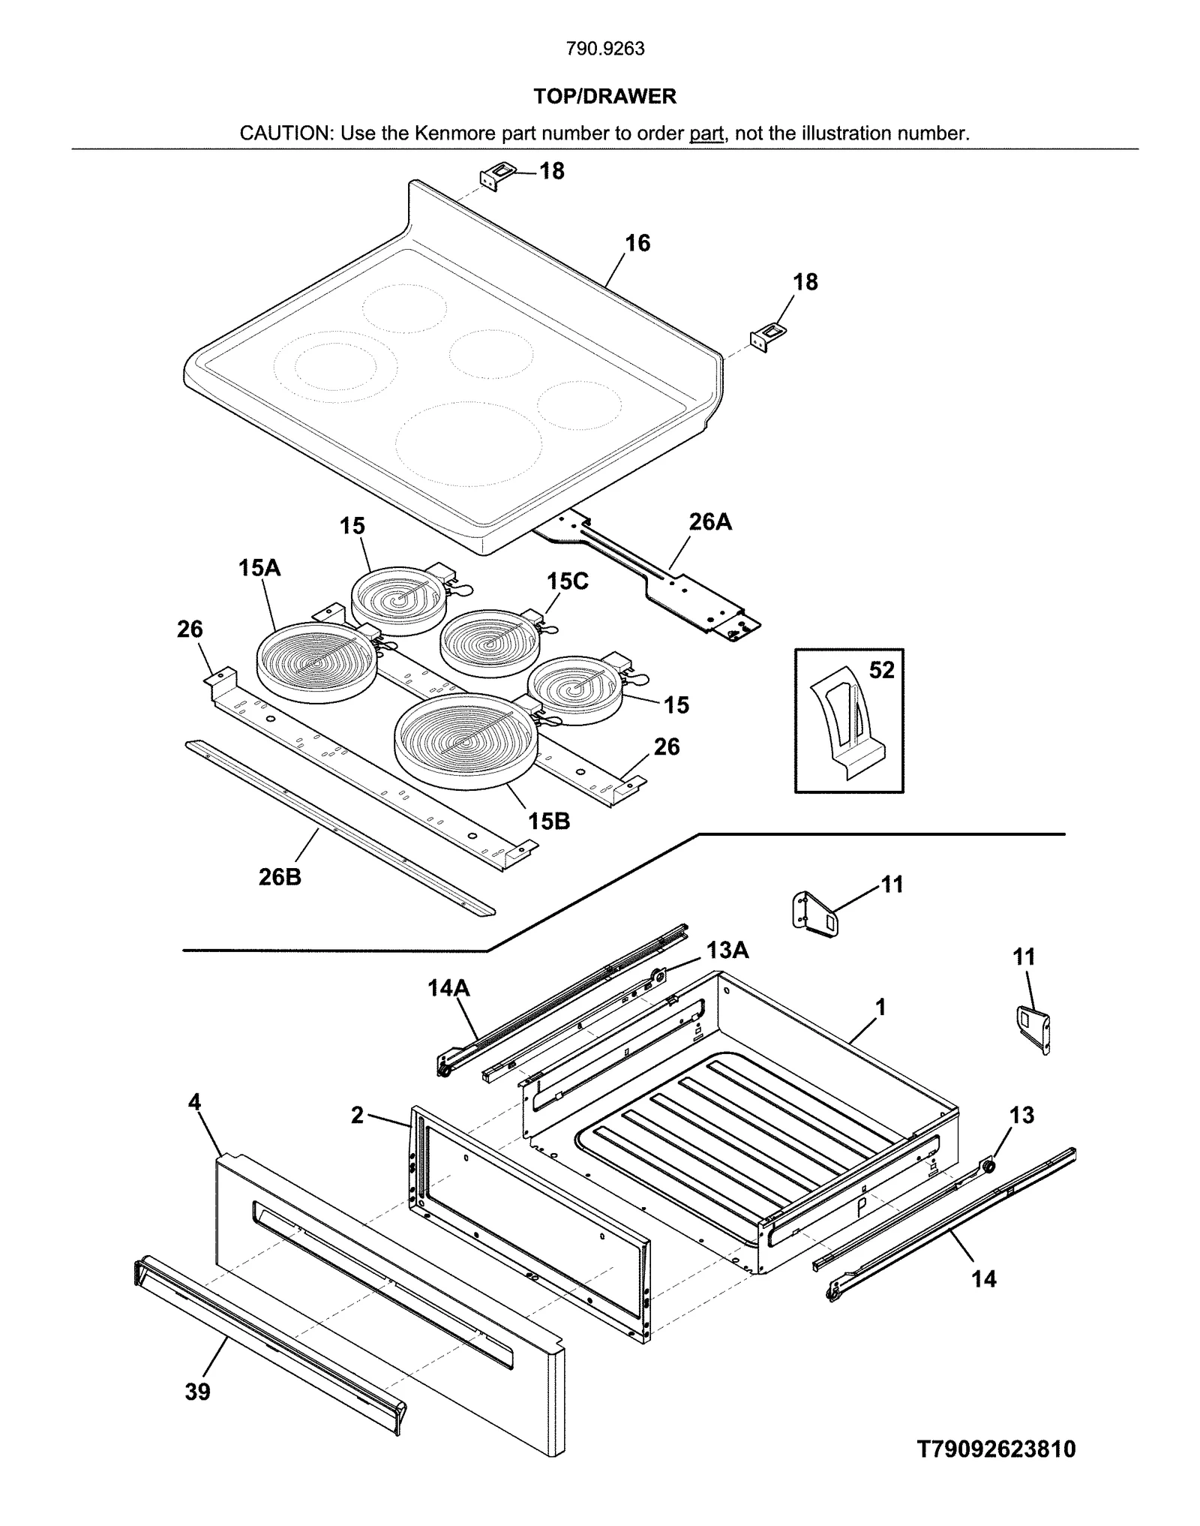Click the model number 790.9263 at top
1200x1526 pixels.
pyautogui.click(x=604, y=49)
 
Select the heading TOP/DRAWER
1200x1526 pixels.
pyautogui.click(x=604, y=96)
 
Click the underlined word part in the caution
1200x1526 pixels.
pyautogui.click(x=706, y=134)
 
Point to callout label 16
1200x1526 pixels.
pyautogui.click(x=637, y=243)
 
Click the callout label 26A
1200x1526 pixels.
pyautogui.click(x=709, y=521)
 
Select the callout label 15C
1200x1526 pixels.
pyautogui.click(x=567, y=581)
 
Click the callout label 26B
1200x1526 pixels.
pyautogui.click(x=280, y=876)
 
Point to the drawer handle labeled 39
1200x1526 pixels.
pyautogui.click(x=270, y=1343)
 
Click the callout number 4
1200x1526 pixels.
pyautogui.click(x=194, y=1103)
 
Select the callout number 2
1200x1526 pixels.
pyautogui.click(x=357, y=1116)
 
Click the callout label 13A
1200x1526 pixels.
pyautogui.click(x=727, y=951)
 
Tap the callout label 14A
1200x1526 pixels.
pyautogui.click(x=448, y=989)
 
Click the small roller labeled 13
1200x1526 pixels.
pyautogui.click(x=988, y=1166)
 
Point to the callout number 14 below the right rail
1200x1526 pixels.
pyautogui.click(x=984, y=1278)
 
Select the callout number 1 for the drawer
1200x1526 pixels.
pyautogui.click(x=880, y=1007)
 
